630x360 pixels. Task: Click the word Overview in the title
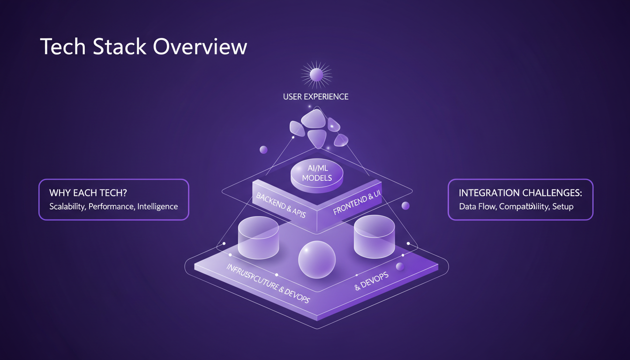click(200, 47)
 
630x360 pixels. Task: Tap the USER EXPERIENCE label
click(315, 97)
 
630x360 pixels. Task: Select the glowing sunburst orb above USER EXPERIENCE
click(315, 74)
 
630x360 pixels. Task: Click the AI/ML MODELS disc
click(317, 174)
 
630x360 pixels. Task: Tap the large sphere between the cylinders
click(317, 259)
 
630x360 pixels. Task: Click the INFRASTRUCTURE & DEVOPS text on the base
click(267, 283)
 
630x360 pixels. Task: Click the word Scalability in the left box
click(66, 206)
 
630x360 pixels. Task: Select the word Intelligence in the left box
click(157, 206)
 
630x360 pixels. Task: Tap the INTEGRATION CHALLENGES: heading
click(519, 193)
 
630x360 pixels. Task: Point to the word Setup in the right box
click(562, 206)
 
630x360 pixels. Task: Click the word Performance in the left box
click(111, 206)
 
